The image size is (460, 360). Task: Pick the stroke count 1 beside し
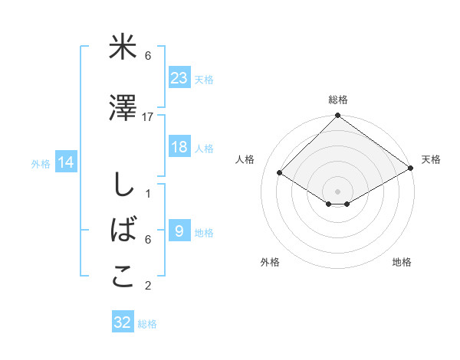pos(148,194)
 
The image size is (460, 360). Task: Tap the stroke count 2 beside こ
pos(148,286)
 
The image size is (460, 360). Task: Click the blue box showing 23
pos(179,77)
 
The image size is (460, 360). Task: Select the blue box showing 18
pos(179,147)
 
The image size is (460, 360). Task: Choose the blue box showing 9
pos(179,231)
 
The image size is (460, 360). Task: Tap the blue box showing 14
pos(66,162)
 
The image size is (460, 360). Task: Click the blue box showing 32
pos(123,322)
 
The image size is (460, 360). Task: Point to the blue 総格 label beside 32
pos(147,324)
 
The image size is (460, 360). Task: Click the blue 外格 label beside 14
pos(41,163)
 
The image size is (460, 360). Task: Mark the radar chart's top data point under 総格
pos(337,116)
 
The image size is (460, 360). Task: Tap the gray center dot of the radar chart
pos(337,190)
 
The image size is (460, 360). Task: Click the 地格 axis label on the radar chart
pos(402,263)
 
